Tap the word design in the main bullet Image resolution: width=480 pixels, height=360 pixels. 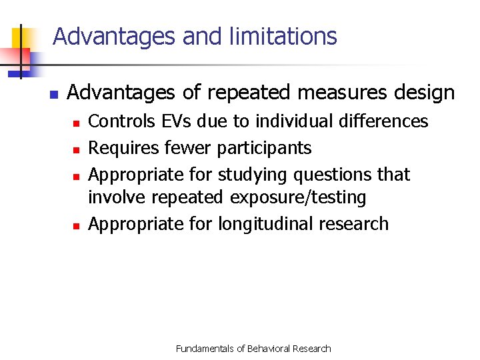click(x=423, y=93)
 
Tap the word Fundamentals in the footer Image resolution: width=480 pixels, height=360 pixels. click(x=204, y=349)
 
